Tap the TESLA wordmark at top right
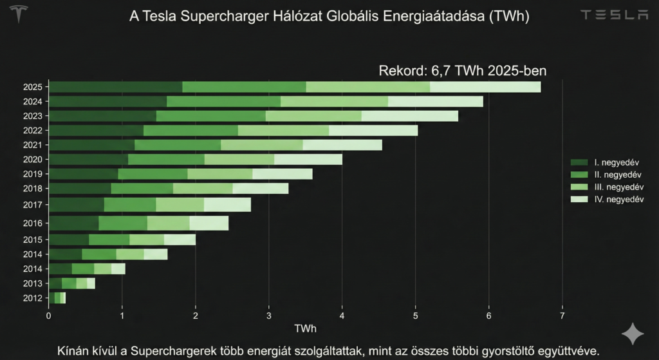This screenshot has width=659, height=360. (614, 15)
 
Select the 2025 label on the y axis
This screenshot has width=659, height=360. (32, 87)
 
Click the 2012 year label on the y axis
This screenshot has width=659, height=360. (32, 298)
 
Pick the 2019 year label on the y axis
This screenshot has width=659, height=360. (32, 174)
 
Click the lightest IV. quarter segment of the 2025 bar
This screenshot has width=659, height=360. (485, 87)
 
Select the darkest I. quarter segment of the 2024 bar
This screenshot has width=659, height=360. (107, 101)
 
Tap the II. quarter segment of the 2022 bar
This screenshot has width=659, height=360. (190, 131)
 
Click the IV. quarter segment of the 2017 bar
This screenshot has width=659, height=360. (227, 205)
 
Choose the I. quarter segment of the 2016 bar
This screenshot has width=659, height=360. (73, 223)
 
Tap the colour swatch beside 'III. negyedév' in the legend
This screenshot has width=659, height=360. (579, 187)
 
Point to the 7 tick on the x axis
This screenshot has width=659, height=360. (562, 315)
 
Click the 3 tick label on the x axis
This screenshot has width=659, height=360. (268, 315)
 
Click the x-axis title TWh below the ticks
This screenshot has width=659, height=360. (305, 328)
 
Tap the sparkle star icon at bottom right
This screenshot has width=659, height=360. (632, 335)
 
